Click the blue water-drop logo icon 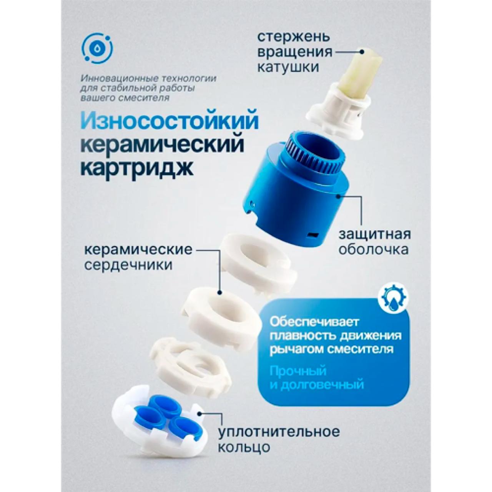point(97,48)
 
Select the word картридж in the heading point(137,168)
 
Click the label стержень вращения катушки point(295,53)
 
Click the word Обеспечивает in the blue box point(314,322)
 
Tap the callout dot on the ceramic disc point(219,293)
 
